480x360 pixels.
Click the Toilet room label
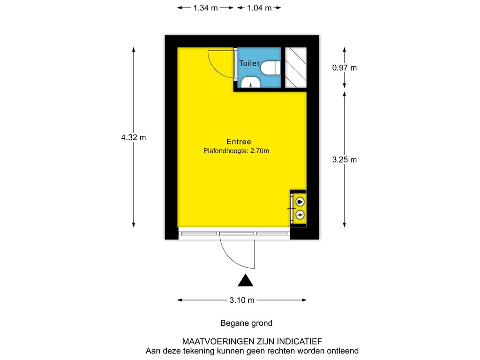tap(249, 63)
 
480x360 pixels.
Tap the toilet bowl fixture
tap(270, 67)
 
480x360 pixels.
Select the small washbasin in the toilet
tap(251, 82)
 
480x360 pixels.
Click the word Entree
tap(239, 142)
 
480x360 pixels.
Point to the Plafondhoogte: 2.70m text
tap(236, 150)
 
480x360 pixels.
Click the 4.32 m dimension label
tap(134, 137)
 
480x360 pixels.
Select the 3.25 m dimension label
tap(345, 159)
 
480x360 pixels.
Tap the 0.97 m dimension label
tap(345, 67)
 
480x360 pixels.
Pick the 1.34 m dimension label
tap(205, 8)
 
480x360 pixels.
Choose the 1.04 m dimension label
tap(259, 8)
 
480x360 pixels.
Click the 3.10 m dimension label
tap(242, 300)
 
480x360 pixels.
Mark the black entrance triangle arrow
tap(246, 280)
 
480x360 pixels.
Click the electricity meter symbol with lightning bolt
tap(300, 215)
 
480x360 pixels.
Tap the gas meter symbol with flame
tap(300, 202)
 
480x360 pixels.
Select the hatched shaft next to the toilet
tap(296, 67)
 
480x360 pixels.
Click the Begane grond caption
tap(247, 323)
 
